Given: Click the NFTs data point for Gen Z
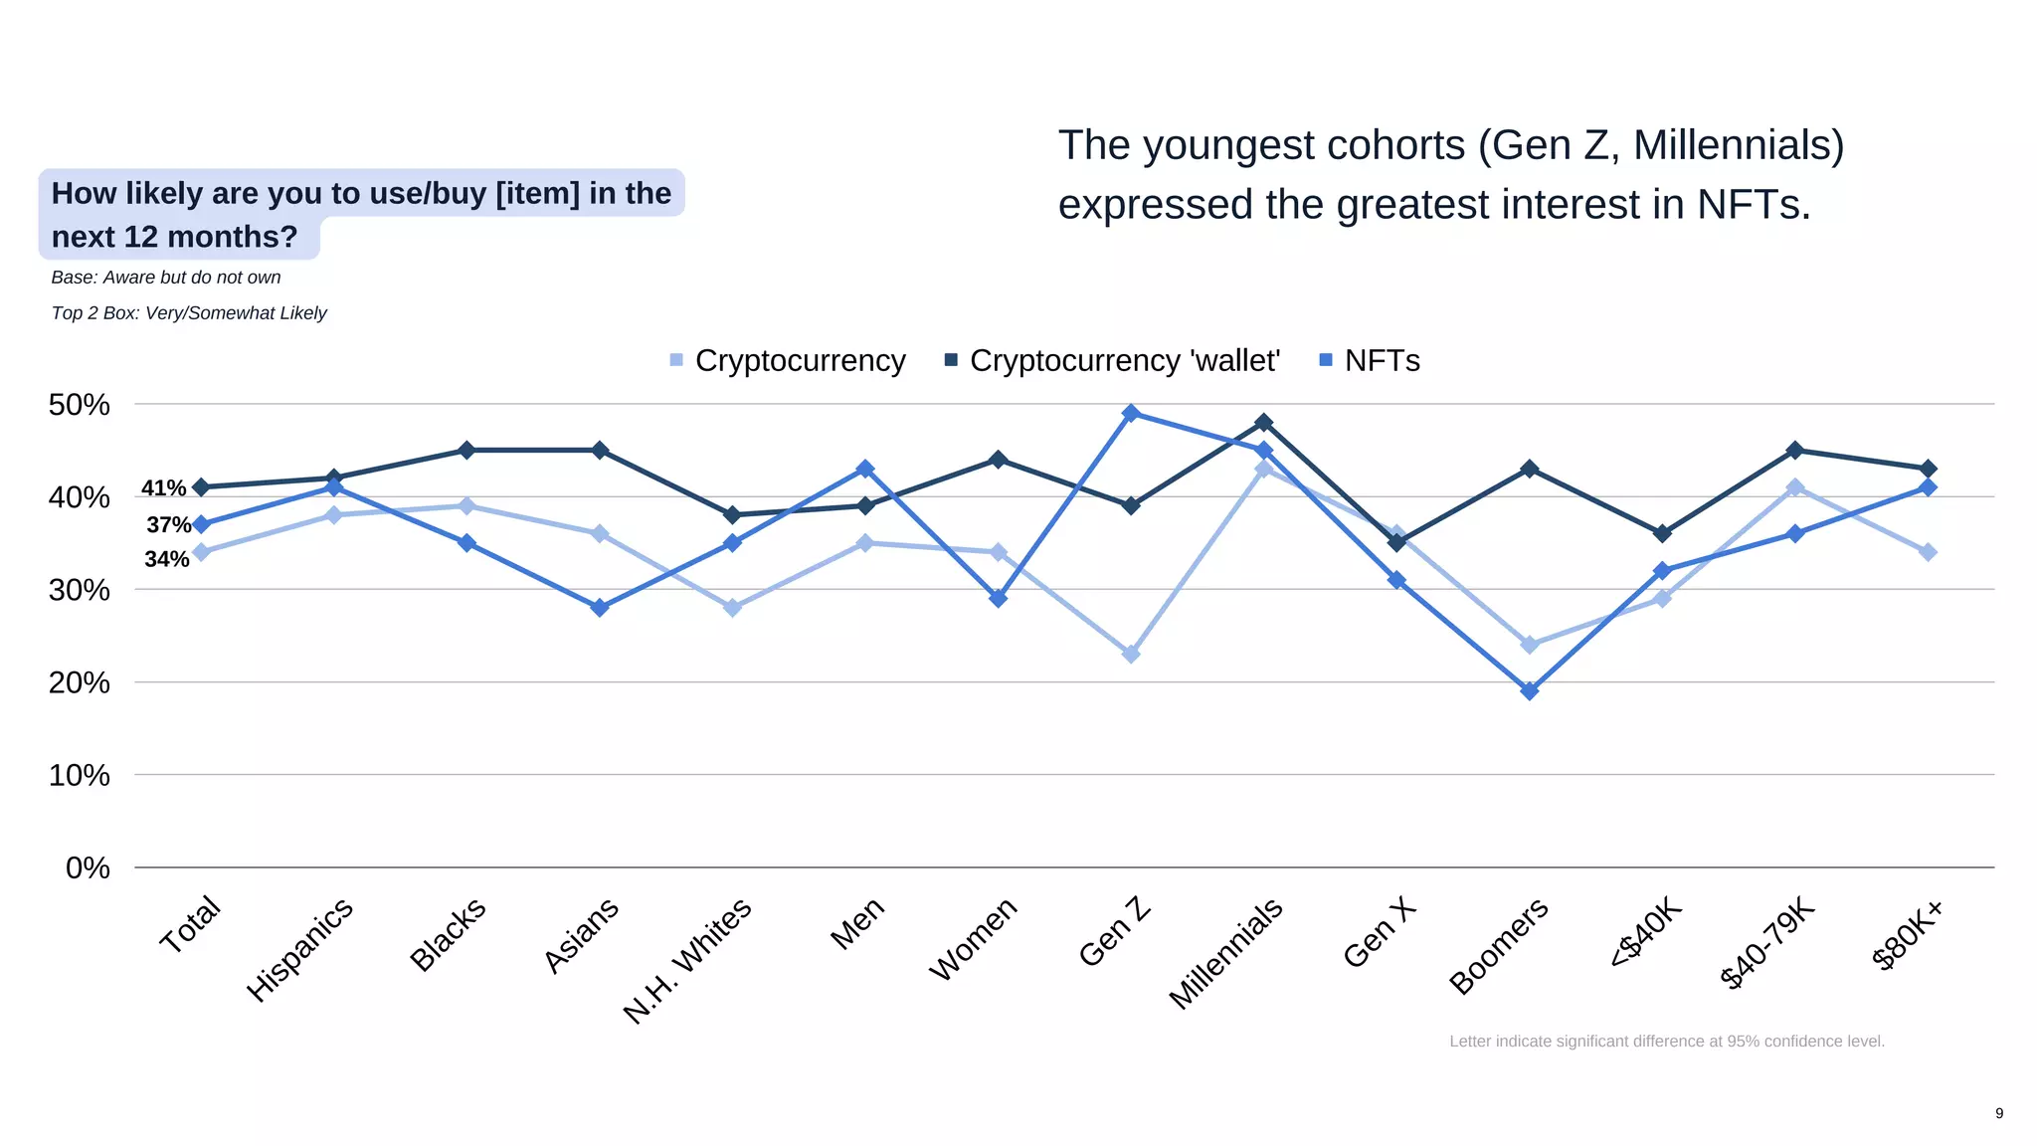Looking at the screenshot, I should [x=1131, y=413].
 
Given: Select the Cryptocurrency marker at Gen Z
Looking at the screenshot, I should [x=1131, y=654].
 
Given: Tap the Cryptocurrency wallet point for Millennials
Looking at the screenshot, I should [x=1263, y=423].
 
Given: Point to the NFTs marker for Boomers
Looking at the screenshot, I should [x=1530, y=690].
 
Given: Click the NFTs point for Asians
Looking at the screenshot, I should [x=600, y=607].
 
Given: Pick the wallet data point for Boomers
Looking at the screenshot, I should [x=1530, y=469].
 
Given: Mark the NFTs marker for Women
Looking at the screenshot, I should [x=999, y=598].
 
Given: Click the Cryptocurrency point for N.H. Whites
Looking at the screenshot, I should [x=732, y=607].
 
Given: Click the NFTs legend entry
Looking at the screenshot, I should [x=1370, y=360].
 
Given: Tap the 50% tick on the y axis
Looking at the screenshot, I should [x=79, y=405].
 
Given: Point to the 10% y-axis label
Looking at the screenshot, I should [x=79, y=775].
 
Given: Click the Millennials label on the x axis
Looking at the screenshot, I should [x=1225, y=953].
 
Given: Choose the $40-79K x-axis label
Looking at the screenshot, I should [x=1766, y=941].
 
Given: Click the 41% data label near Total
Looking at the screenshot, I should [x=163, y=488].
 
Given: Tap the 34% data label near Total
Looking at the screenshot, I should [x=166, y=559].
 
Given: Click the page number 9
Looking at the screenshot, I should [x=1999, y=1113].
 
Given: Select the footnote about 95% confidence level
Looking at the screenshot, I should [x=1666, y=1042].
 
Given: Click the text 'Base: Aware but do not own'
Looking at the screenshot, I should [x=166, y=278].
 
